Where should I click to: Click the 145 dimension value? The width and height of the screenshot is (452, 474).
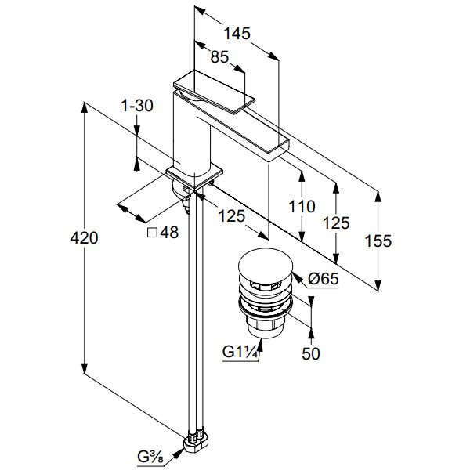click(x=237, y=33)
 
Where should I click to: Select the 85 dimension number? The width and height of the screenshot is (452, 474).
click(x=219, y=57)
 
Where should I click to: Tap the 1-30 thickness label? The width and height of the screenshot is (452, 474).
click(x=137, y=106)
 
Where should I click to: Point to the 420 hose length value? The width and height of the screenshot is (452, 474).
click(x=84, y=238)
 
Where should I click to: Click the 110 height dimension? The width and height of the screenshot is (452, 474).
click(x=302, y=207)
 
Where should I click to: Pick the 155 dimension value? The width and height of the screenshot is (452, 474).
click(x=378, y=241)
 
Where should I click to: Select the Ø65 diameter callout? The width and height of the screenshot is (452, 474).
click(x=324, y=278)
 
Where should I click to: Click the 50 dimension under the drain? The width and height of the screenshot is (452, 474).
click(x=311, y=353)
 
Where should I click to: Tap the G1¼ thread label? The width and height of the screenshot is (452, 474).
click(x=240, y=352)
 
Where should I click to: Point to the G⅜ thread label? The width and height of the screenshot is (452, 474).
click(x=150, y=457)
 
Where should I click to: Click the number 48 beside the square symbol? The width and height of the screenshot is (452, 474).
click(x=169, y=233)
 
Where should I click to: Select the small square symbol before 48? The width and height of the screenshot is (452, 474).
click(x=152, y=233)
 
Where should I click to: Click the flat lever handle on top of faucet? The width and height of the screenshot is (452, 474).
click(x=214, y=92)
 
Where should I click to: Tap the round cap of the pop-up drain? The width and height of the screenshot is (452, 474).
click(x=266, y=262)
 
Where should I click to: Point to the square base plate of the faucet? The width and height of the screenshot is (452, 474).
click(x=194, y=178)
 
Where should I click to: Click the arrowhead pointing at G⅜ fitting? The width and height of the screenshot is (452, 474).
click(x=179, y=454)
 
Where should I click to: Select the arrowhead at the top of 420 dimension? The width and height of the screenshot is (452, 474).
click(x=85, y=108)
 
